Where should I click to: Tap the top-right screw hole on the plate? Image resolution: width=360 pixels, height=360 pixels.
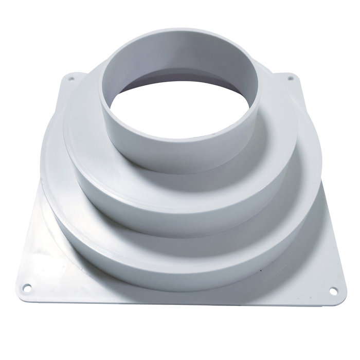click(x=291, y=79)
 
